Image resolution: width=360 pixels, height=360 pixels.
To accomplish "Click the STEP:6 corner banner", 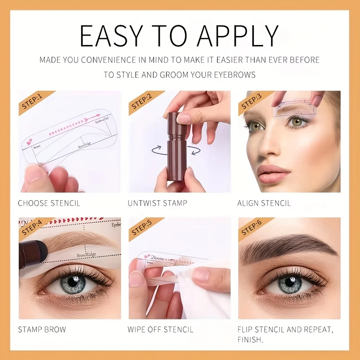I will (x=251, y=228).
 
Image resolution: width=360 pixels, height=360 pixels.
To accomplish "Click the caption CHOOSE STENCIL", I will (x=49, y=203).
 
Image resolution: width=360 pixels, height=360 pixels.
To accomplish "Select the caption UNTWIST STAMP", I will (x=157, y=203).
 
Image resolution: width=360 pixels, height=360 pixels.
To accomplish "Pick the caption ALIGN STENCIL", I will (x=264, y=203).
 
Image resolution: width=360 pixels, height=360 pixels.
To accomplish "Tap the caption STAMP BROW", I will (x=42, y=329).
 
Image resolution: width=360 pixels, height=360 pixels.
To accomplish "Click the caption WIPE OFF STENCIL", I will (x=160, y=329).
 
